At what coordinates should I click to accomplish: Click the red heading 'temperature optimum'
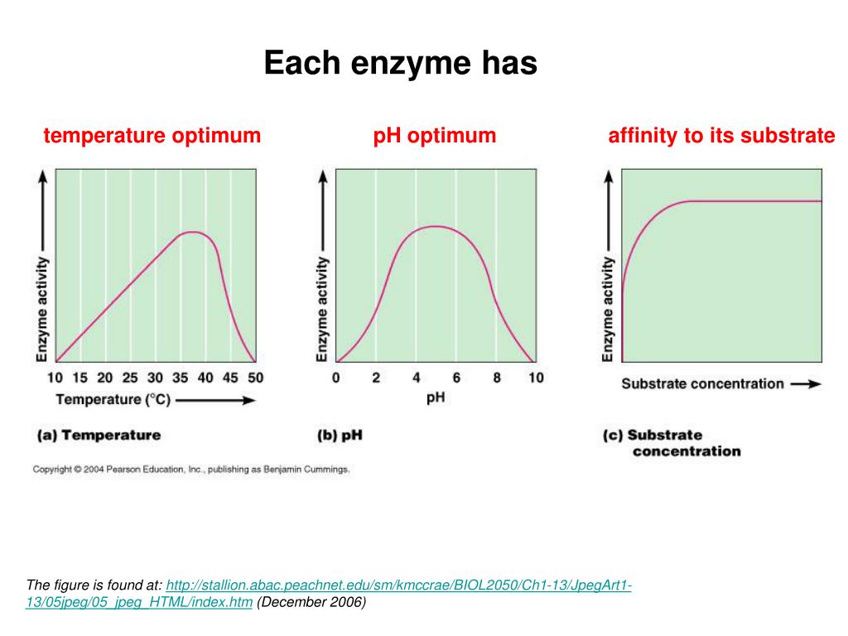(152, 136)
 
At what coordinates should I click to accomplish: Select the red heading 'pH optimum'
(435, 136)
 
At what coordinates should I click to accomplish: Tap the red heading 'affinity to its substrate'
(721, 136)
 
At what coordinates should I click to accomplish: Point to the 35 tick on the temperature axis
(181, 378)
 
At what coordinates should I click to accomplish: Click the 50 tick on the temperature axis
(255, 378)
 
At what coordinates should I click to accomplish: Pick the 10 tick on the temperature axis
(55, 378)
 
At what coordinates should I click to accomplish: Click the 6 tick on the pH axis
(455, 378)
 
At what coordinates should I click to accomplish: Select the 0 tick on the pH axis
(335, 378)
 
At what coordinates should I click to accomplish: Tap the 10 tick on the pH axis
(536, 378)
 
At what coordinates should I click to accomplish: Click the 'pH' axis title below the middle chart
(436, 398)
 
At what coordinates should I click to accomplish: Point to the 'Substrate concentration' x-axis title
(702, 384)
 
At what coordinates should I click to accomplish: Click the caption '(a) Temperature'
(99, 435)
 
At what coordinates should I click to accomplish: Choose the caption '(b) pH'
(340, 435)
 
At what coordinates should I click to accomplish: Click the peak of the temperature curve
(193, 232)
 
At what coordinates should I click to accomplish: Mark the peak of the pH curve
(433, 226)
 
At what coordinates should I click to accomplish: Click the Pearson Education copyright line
(191, 470)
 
